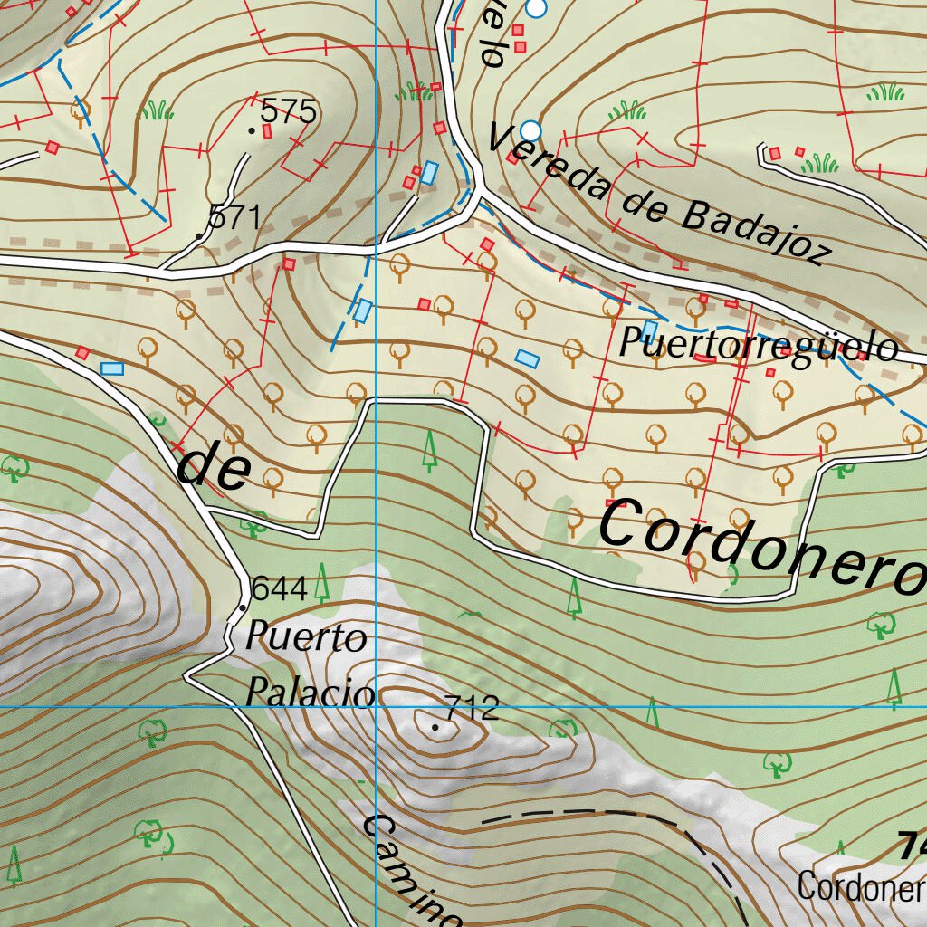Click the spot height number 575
tap(288, 112)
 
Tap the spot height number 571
tap(234, 217)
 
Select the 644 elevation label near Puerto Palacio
tap(279, 588)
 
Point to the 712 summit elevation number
tap(472, 708)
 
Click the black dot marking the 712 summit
tap(435, 727)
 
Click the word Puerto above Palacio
tap(294, 638)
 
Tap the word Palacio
tap(310, 694)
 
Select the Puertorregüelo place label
tap(759, 346)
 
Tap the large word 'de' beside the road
tap(214, 469)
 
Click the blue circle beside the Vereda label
tap(530, 131)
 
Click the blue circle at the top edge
tap(537, 8)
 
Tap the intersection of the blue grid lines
tap(375, 704)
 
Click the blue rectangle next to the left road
tap(112, 368)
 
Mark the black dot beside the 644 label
tap(243, 607)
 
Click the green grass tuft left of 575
tap(157, 111)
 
